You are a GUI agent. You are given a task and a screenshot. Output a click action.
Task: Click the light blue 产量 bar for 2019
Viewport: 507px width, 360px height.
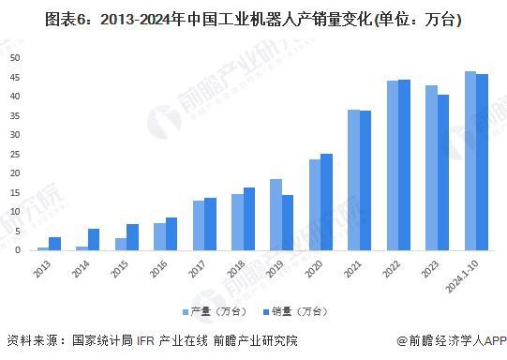(276, 215)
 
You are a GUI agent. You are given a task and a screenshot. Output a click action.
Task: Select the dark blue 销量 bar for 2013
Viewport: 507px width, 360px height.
(55, 244)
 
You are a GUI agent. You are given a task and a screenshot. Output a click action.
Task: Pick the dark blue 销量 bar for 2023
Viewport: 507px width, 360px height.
(443, 172)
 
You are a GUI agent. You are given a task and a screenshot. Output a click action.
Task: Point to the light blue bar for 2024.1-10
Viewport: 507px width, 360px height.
(470, 160)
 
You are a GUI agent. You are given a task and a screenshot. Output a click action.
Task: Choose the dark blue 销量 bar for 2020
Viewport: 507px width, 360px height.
(326, 202)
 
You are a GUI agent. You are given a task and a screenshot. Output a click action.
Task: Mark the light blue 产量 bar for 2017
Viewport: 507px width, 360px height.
(199, 225)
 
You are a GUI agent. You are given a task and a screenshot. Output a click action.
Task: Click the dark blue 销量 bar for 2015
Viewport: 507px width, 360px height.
(133, 237)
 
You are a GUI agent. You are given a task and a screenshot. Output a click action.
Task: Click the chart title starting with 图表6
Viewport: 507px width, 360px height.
(253, 19)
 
